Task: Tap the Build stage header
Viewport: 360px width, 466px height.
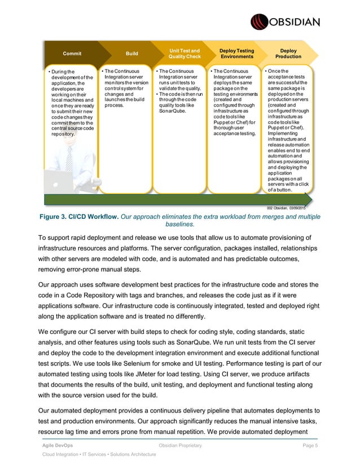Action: (132, 54)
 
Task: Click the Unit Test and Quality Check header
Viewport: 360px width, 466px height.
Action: (185, 54)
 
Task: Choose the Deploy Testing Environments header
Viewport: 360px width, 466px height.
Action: (237, 54)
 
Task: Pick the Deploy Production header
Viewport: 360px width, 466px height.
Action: (288, 54)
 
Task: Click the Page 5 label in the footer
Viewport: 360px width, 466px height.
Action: (311, 446)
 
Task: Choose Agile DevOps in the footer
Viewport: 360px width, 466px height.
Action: (59, 446)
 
